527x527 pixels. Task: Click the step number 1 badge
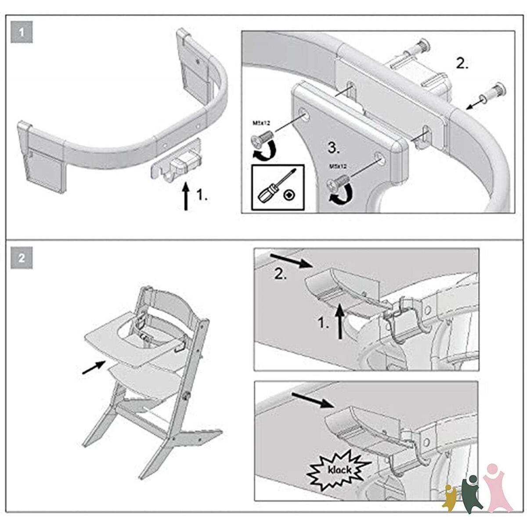(22, 33)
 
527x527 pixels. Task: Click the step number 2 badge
(22, 258)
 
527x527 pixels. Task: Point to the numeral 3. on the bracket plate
(334, 148)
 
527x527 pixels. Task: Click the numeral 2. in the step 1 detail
(462, 64)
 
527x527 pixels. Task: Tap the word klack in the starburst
(338, 470)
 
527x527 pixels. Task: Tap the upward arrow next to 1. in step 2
(339, 322)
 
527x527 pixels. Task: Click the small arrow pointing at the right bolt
(475, 103)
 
